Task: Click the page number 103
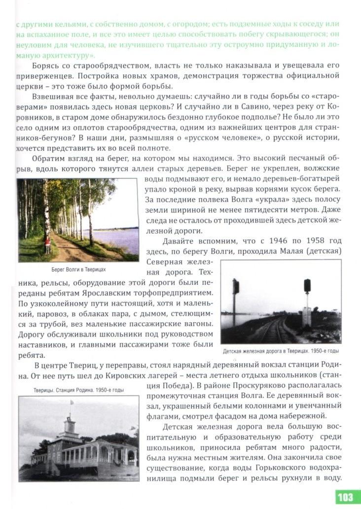coord(346,497)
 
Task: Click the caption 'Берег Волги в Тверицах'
coord(78,270)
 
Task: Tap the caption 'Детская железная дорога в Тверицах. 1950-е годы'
coord(281,351)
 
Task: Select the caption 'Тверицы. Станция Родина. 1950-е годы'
coord(72,390)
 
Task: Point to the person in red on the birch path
coord(48,244)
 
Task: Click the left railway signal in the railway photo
coord(236,287)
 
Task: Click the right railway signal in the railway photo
coord(307,286)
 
